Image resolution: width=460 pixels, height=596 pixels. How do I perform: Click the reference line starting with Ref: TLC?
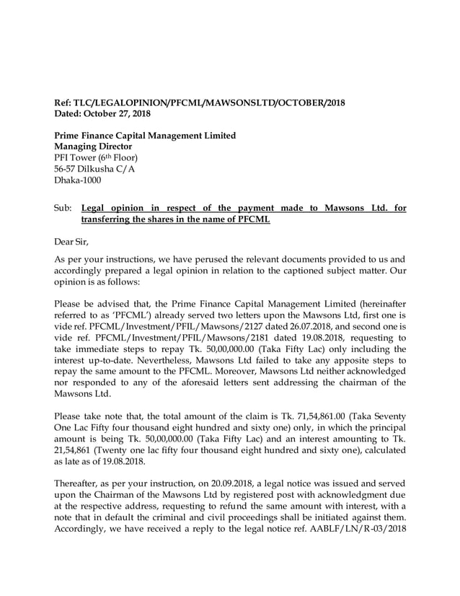click(x=200, y=102)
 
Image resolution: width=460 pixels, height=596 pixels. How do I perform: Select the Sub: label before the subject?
click(x=64, y=209)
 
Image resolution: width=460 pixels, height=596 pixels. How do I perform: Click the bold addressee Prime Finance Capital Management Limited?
click(x=146, y=136)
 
